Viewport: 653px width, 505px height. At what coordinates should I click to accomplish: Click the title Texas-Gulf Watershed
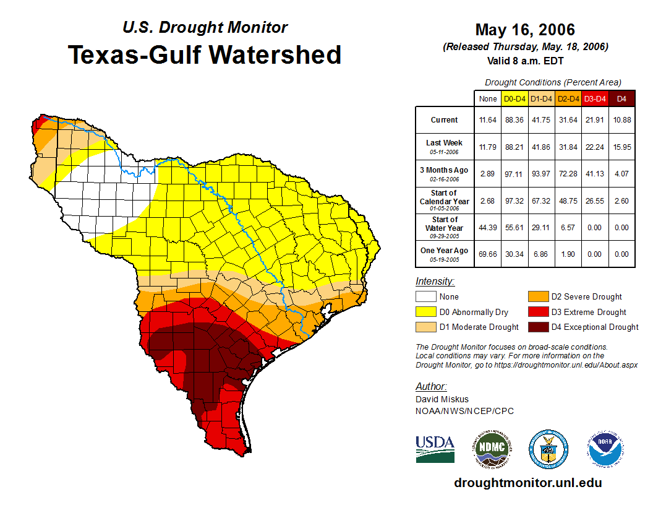click(x=204, y=55)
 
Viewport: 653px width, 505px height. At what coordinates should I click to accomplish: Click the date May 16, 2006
click(x=524, y=30)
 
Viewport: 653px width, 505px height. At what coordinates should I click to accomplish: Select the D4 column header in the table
click(x=621, y=98)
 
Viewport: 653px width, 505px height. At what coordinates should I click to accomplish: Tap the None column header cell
click(x=487, y=98)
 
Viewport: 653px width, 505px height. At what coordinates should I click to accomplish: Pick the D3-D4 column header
click(x=595, y=98)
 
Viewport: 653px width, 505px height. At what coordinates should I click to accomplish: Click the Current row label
click(x=445, y=120)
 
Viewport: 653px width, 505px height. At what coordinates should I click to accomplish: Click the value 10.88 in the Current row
click(x=621, y=120)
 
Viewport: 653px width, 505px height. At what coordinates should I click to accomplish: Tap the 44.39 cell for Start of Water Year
click(x=487, y=227)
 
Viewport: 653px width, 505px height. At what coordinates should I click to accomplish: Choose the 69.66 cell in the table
click(x=487, y=254)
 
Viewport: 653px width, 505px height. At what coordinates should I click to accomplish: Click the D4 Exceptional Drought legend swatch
click(x=537, y=327)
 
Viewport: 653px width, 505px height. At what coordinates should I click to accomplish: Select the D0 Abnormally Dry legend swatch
click(x=425, y=312)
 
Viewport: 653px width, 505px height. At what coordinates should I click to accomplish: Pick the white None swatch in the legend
click(x=425, y=297)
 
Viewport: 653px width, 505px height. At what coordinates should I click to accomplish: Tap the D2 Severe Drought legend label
click(x=586, y=297)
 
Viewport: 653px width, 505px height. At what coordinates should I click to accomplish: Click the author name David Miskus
click(x=442, y=399)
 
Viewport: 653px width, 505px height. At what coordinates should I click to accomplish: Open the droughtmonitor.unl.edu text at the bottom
click(x=527, y=483)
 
